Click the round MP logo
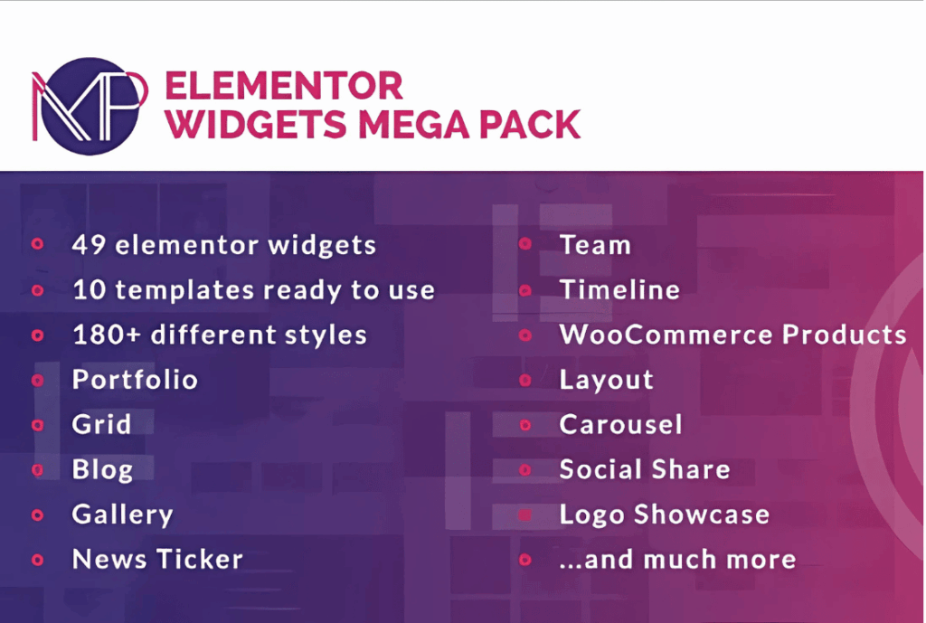(90, 107)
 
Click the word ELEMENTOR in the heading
(283, 86)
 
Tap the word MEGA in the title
(412, 125)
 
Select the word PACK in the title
(530, 125)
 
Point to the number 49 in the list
(89, 245)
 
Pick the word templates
(184, 290)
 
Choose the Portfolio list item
(135, 380)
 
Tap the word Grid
(101, 425)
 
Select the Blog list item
(102, 470)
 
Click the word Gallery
(122, 514)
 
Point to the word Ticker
(200, 559)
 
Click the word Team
(595, 245)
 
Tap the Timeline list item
(619, 290)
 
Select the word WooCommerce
(666, 335)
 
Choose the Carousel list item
(620, 425)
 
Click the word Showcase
(702, 514)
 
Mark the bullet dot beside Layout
(525, 380)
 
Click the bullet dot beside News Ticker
(37, 560)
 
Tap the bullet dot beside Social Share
(525, 470)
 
